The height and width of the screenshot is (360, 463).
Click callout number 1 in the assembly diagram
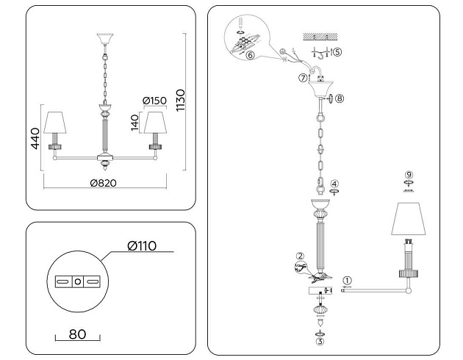[348, 279]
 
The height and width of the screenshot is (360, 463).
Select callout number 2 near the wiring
[300, 256]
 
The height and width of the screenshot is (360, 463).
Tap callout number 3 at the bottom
[319, 341]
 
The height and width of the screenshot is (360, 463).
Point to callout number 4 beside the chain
[334, 183]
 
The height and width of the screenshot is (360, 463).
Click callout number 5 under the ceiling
[337, 52]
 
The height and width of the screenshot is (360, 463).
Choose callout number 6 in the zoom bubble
[250, 55]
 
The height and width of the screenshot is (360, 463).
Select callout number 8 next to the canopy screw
[340, 97]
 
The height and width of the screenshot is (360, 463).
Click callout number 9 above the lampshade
[409, 174]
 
